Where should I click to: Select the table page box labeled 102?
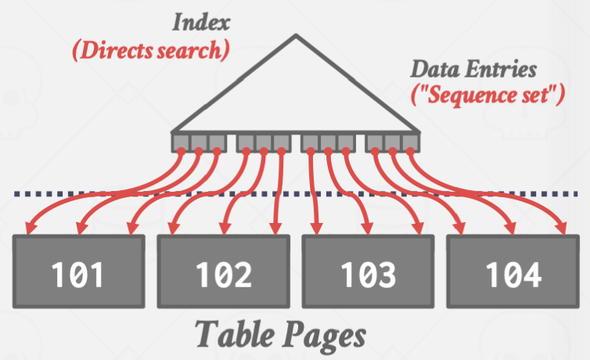pyautogui.click(x=224, y=273)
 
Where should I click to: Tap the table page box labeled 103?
pyautogui.click(x=368, y=273)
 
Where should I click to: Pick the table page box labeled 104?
pyautogui.click(x=512, y=273)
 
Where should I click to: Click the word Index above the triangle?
pyautogui.click(x=200, y=21)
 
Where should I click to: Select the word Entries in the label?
pyautogui.click(x=502, y=70)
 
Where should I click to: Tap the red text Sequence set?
pyautogui.click(x=488, y=97)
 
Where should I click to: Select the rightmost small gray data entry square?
pyautogui.click(x=410, y=142)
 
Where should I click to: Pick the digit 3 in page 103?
pyautogui.click(x=388, y=274)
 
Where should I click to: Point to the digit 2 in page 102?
pyautogui.click(x=244, y=274)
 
